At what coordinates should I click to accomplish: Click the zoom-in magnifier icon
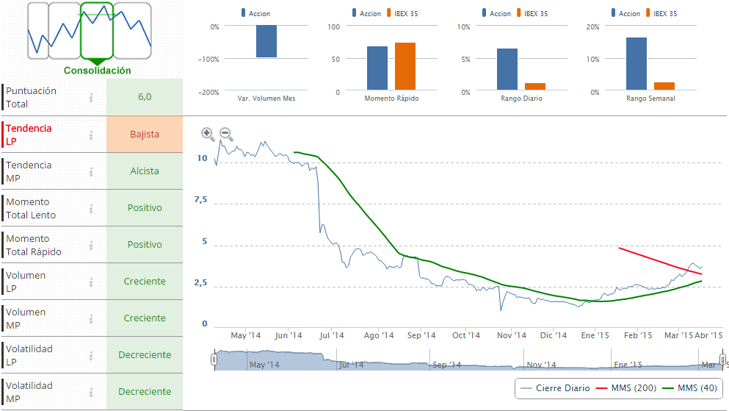coord(208,134)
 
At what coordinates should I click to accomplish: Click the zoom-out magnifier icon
coord(226,134)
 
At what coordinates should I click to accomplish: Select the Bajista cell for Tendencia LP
coord(145,135)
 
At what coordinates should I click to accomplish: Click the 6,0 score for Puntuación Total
coord(145,97)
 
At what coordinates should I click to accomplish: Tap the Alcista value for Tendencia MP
coord(145,171)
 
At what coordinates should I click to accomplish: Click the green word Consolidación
coord(98,71)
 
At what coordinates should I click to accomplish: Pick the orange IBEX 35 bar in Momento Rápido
coord(405,66)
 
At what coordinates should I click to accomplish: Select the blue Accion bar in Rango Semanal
coord(636,64)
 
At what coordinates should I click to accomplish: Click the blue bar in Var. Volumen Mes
coord(266,41)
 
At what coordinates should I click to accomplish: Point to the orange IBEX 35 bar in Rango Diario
coord(535,87)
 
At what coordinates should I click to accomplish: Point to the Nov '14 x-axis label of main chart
coord(511,335)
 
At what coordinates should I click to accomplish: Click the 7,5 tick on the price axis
coord(200,200)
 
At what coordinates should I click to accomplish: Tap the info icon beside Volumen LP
coord(92,282)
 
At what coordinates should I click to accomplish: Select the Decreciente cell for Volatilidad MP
coord(145,392)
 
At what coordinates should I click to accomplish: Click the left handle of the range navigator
coord(214,360)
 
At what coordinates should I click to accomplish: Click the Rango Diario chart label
coord(521,99)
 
